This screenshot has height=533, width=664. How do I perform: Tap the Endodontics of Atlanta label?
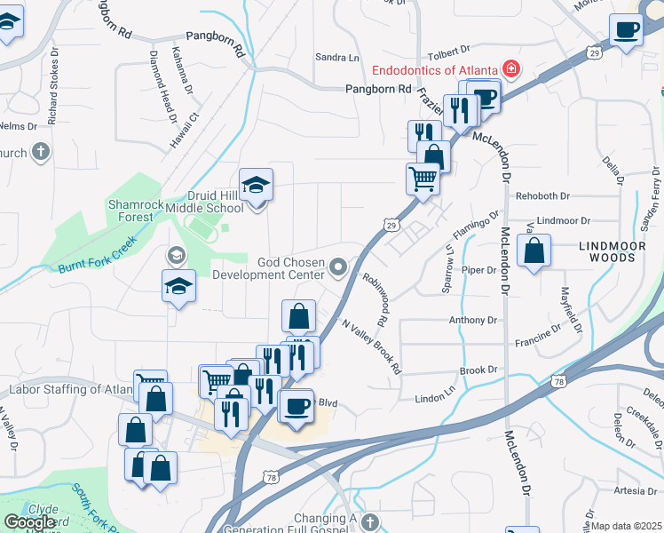(434, 69)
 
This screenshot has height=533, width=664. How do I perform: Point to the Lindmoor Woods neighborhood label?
(607, 251)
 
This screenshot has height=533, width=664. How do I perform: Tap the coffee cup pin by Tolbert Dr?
(627, 30)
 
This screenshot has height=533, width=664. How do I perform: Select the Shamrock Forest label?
(136, 210)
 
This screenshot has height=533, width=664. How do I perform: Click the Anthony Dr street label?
(473, 320)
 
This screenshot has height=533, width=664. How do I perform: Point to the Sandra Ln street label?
(336, 57)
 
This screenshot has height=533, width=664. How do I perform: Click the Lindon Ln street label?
(434, 399)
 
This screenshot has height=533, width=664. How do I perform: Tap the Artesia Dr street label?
(634, 490)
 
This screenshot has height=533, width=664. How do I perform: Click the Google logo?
(29, 522)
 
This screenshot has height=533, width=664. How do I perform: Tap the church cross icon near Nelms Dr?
(39, 152)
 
